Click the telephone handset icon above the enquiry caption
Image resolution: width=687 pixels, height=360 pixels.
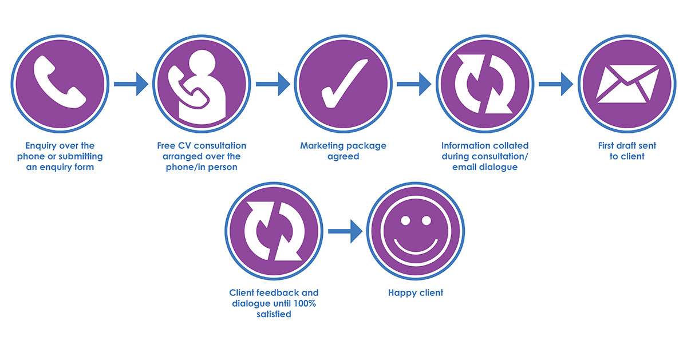click(60, 82)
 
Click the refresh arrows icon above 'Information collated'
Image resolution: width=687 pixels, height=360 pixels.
click(483, 85)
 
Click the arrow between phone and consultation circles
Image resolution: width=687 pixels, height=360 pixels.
click(131, 85)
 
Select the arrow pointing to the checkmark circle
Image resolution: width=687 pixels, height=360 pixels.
click(273, 85)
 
